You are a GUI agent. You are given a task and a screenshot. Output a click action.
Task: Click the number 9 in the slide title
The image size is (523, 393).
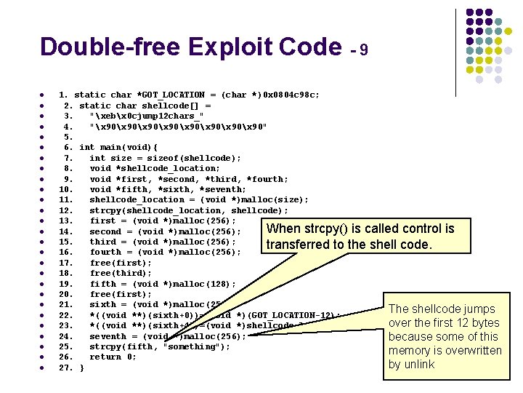363,50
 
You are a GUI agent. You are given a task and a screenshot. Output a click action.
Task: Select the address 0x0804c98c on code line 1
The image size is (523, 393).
289,95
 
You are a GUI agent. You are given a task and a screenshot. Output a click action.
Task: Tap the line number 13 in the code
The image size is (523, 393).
65,221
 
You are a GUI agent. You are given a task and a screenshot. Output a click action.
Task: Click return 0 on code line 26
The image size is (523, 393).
113,357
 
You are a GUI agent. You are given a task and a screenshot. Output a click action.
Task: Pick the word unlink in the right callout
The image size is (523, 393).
420,365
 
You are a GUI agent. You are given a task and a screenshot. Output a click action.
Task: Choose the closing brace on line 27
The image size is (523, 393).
81,368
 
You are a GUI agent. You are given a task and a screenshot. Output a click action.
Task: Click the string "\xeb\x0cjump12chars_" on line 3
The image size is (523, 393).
146,116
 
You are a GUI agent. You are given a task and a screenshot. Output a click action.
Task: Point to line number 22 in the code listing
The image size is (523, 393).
65,315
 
